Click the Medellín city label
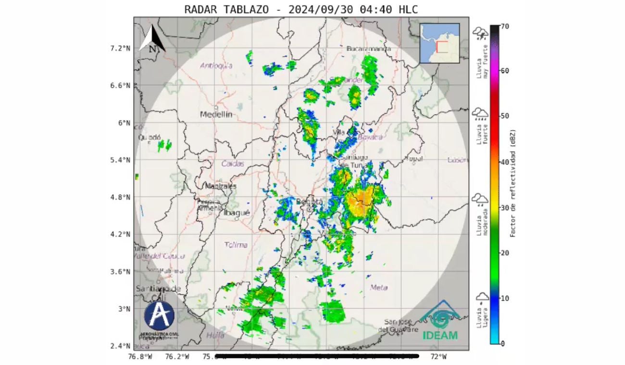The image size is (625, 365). click(x=216, y=114)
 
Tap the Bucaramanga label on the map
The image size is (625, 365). click(x=368, y=49)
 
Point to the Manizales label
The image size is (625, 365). click(x=221, y=186)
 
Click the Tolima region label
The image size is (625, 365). click(x=236, y=245)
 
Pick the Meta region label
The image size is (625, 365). click(x=379, y=287)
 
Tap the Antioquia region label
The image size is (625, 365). click(x=216, y=66)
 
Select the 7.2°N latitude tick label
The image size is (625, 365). click(x=120, y=48)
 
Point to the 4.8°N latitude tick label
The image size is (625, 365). click(x=120, y=197)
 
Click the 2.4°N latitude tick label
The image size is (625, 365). click(x=120, y=346)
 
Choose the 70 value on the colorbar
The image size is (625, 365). click(x=505, y=26)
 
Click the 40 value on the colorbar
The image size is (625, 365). click(x=505, y=162)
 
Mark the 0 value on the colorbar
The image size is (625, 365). click(x=503, y=343)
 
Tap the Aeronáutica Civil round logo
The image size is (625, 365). click(x=159, y=316)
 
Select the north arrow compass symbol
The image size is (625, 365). click(x=152, y=38)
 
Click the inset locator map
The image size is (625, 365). click(x=439, y=43)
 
